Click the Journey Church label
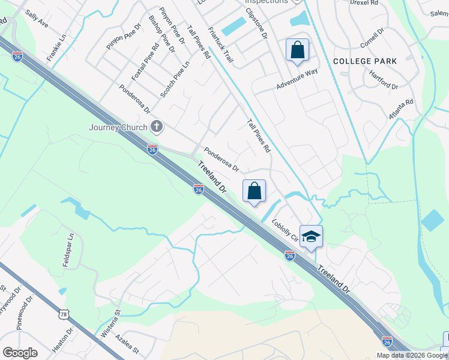click(x=118, y=127)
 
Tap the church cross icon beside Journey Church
click(x=157, y=127)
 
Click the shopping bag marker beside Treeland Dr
click(x=254, y=191)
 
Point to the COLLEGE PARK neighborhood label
click(x=364, y=61)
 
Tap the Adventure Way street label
click(x=297, y=79)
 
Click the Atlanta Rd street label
click(x=401, y=110)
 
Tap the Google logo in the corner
click(x=20, y=353)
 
